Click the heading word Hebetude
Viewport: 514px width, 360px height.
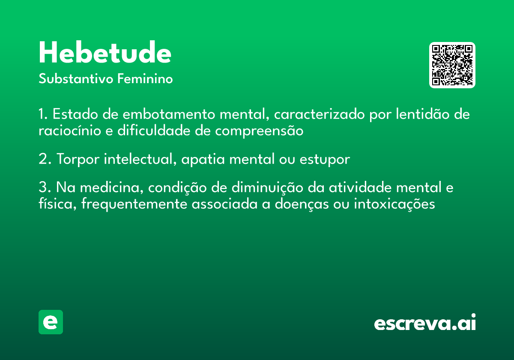tap(105, 52)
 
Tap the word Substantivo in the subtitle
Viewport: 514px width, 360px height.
tap(76, 79)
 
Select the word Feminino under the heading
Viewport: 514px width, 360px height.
tap(145, 78)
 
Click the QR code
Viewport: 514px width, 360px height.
tap(452, 65)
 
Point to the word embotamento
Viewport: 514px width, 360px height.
tap(169, 114)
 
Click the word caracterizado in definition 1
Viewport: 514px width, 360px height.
tap(319, 114)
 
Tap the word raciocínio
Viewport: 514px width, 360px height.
tap(70, 131)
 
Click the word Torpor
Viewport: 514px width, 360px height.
tap(78, 159)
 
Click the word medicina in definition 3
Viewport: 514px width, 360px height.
tap(110, 187)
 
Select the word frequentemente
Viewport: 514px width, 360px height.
tap(134, 204)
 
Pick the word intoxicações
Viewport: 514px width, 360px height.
tap(394, 204)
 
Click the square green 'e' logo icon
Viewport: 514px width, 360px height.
tap(51, 322)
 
